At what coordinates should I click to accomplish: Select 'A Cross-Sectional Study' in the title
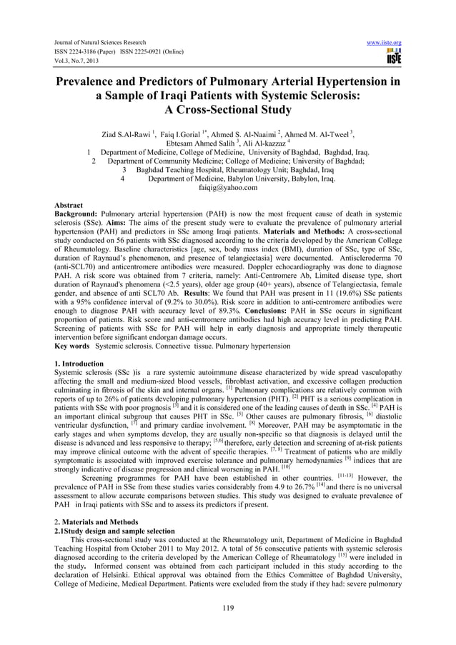click(x=228, y=110)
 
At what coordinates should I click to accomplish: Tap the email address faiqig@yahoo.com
click(x=228, y=188)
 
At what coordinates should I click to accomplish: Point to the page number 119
click(x=228, y=609)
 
